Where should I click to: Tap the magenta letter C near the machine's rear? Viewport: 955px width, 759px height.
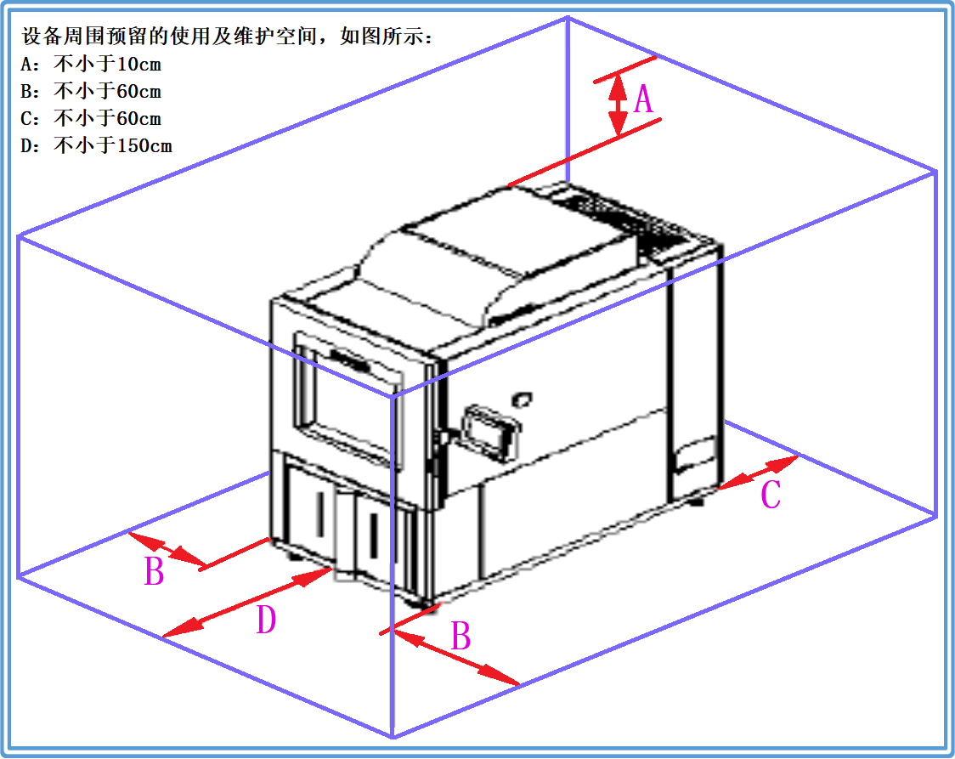pos(770,495)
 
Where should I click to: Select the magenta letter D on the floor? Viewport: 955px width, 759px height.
pos(266,620)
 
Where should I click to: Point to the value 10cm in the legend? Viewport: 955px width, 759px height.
pos(139,64)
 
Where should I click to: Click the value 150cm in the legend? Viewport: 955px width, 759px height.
pos(144,145)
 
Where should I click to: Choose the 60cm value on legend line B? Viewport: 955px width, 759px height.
pos(139,91)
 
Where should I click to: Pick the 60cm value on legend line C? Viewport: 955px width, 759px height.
pos(139,118)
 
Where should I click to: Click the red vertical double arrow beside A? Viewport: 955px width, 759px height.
pos(619,105)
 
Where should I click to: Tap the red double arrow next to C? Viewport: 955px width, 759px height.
pos(758,473)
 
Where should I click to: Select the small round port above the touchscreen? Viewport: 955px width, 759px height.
pos(522,397)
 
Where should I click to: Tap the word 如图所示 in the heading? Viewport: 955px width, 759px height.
pos(380,37)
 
